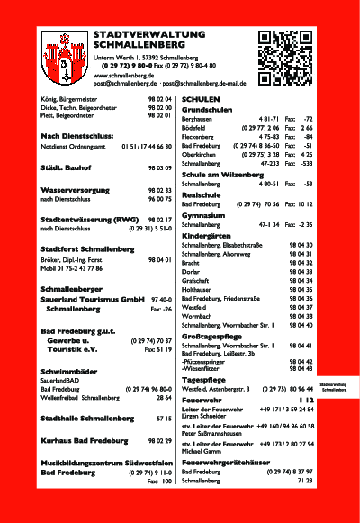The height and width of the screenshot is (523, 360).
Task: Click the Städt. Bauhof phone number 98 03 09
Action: (x=159, y=168)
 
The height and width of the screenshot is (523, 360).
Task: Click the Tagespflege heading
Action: (x=204, y=380)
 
